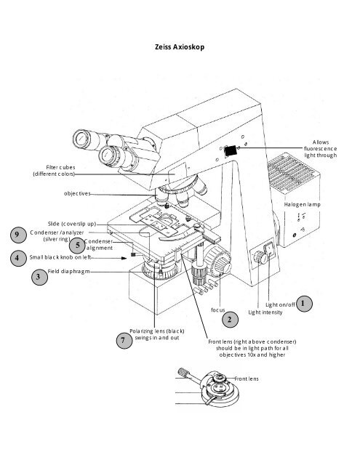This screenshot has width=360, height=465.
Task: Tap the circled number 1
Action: click(x=305, y=302)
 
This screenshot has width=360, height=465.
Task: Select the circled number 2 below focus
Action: click(x=231, y=319)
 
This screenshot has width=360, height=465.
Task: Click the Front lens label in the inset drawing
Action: click(x=247, y=379)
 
